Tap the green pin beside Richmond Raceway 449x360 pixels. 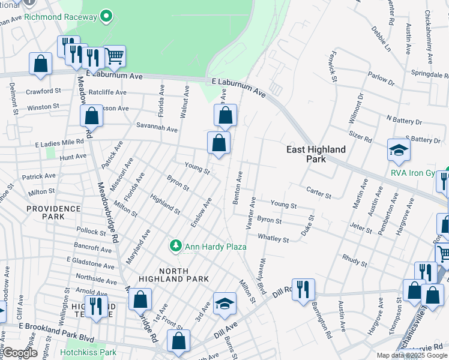(107, 16)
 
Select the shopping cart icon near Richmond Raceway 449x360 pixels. (115, 56)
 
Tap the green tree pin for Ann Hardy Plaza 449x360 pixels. (175, 245)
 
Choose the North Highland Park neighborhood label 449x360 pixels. (173, 274)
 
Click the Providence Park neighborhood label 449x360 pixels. (53, 212)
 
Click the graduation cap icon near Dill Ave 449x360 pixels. (224, 304)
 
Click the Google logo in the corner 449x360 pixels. (19, 353)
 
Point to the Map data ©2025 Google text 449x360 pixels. (412, 355)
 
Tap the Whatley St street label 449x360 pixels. (273, 239)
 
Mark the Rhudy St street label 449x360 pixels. (355, 262)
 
